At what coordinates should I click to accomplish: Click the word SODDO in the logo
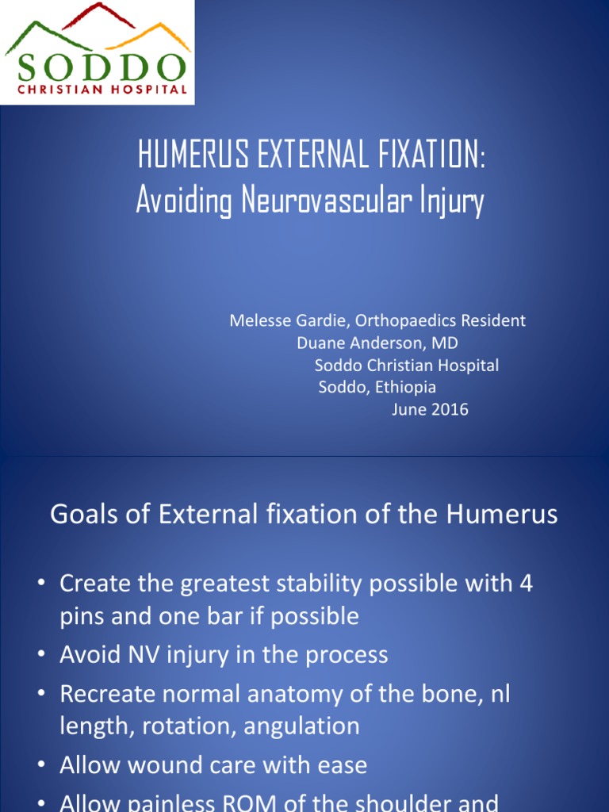click(98, 67)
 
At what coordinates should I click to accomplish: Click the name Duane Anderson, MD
click(377, 343)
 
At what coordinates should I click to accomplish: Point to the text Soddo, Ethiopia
click(377, 388)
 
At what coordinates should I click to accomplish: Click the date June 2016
click(430, 410)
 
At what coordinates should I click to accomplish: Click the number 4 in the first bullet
click(526, 584)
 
